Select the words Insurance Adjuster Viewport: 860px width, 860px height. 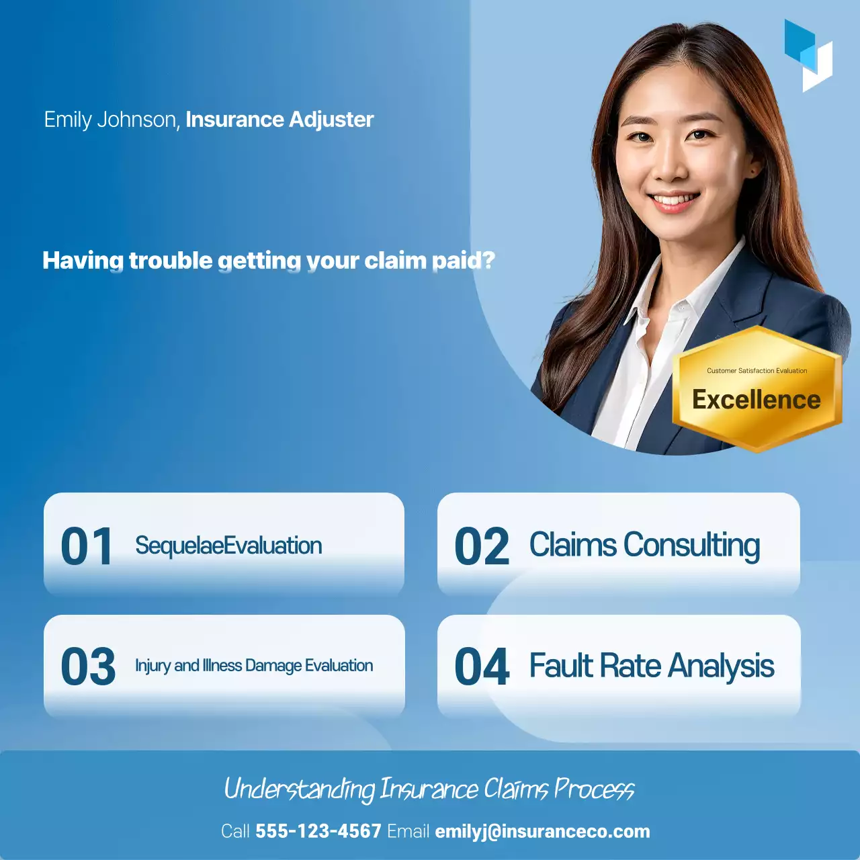pos(279,120)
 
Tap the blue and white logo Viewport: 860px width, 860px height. pos(808,55)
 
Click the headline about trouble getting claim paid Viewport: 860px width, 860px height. pos(269,261)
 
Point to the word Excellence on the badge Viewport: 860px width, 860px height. pos(757,400)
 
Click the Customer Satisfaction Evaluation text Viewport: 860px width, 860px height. pos(757,371)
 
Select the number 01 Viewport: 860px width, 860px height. pos(87,546)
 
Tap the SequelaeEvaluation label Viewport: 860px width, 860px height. pos(228,546)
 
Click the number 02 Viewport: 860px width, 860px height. pos(482,546)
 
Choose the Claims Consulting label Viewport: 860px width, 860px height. pos(644,545)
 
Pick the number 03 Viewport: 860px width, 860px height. pos(88,667)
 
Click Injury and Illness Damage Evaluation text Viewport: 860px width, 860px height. pos(254,666)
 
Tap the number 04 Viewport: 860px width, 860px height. pos(482,667)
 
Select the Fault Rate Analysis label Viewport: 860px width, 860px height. pos(652,666)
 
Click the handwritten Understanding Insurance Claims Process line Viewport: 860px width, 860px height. pos(429,789)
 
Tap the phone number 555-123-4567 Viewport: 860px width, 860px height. pos(318,831)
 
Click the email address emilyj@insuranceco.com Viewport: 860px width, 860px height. pos(542,831)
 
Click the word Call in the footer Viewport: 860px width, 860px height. pos(235,831)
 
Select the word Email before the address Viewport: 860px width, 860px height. pos(408,831)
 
